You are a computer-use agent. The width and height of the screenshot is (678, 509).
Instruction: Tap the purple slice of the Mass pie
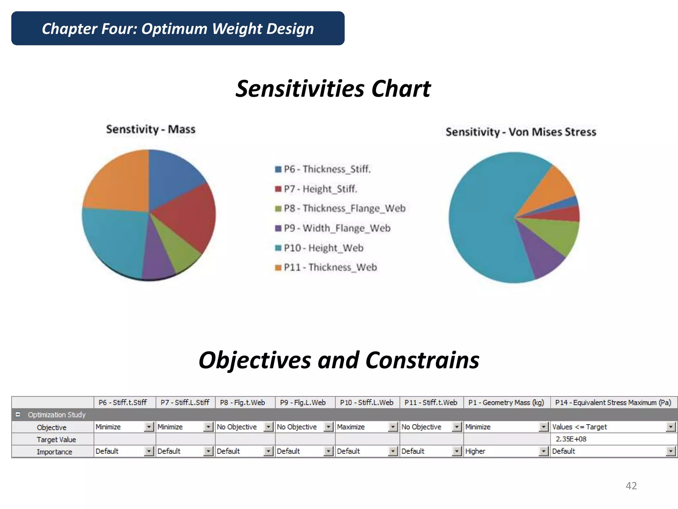pos(157,258)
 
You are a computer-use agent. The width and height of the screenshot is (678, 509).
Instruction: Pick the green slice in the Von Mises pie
pos(556,235)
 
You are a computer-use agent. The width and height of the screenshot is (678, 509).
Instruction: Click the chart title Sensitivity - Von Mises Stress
pos(521,132)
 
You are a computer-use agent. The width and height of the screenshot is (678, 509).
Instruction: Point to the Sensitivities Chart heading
pos(333,89)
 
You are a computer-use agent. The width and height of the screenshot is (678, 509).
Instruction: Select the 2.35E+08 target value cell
pos(571,439)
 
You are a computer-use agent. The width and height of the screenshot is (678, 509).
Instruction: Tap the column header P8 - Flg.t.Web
pos(242,403)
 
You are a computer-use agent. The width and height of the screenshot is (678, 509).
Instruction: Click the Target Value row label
pos(56,439)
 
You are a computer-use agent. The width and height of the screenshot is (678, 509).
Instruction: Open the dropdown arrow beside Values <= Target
pos(670,427)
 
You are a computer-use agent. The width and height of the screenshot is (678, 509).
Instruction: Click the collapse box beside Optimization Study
pos(18,415)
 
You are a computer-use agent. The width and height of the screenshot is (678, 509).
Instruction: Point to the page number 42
pos(631,486)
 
